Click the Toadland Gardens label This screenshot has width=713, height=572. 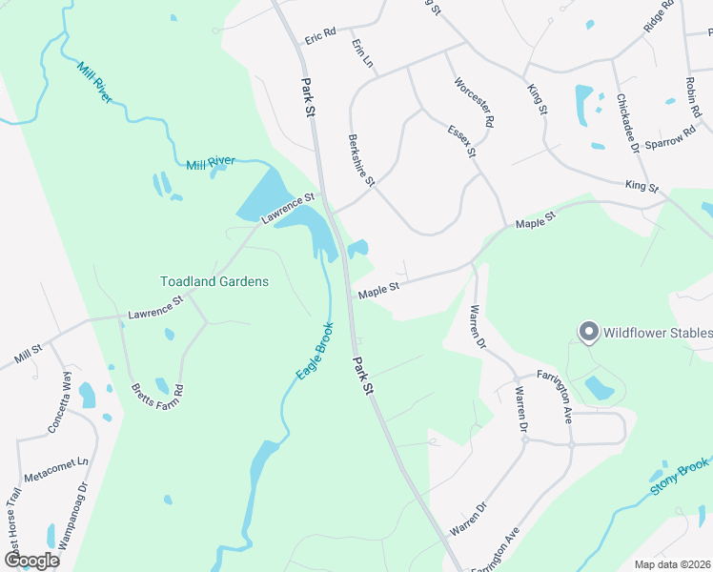click(x=214, y=281)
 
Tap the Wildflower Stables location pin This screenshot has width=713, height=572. click(x=588, y=332)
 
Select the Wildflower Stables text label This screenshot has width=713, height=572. click(x=656, y=333)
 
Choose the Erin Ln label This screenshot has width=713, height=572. click(x=361, y=53)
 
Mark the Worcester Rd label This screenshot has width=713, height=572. click(x=475, y=102)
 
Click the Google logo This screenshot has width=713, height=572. click(x=32, y=561)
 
